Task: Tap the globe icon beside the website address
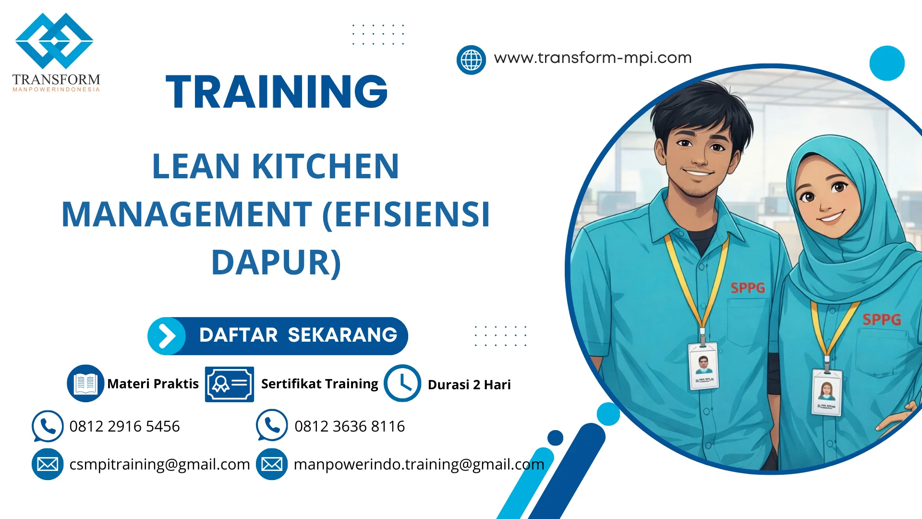point(471,60)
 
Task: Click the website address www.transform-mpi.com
point(593,58)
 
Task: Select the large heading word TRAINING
point(277,92)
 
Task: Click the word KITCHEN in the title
point(325,166)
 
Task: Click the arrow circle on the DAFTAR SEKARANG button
point(167,336)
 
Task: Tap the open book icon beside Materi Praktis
point(85,383)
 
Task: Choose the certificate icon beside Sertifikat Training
point(230,384)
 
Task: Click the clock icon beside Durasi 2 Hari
point(402,383)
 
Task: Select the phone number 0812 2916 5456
point(124,426)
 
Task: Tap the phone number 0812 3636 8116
point(350,426)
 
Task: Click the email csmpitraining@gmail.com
point(159,464)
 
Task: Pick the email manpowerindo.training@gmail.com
point(419,464)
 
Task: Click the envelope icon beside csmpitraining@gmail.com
point(48,464)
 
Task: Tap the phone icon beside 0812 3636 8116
point(272,425)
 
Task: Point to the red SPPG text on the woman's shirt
point(882,320)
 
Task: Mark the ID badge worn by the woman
point(826,391)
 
